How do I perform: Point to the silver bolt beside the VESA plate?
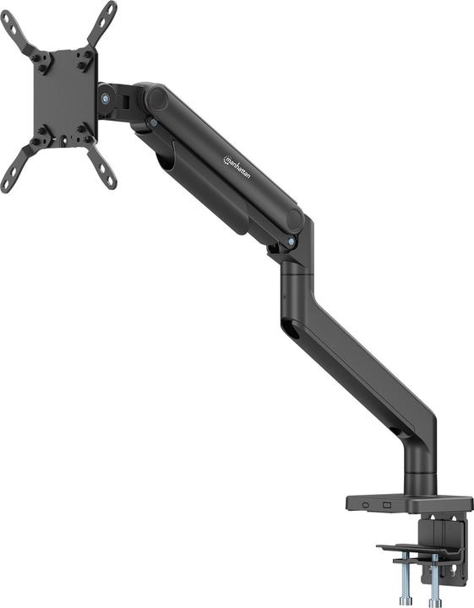coord(105,98)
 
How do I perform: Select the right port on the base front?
coord(387,505)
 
